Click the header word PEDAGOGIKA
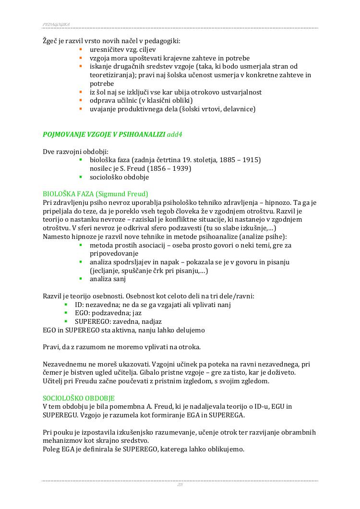57,24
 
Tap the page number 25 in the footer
180,485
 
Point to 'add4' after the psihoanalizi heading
174,134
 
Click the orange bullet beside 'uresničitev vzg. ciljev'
81,49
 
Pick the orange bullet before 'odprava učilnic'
81,100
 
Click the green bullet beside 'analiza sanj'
81,279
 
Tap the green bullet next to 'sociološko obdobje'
81,177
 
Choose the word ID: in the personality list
80,305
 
